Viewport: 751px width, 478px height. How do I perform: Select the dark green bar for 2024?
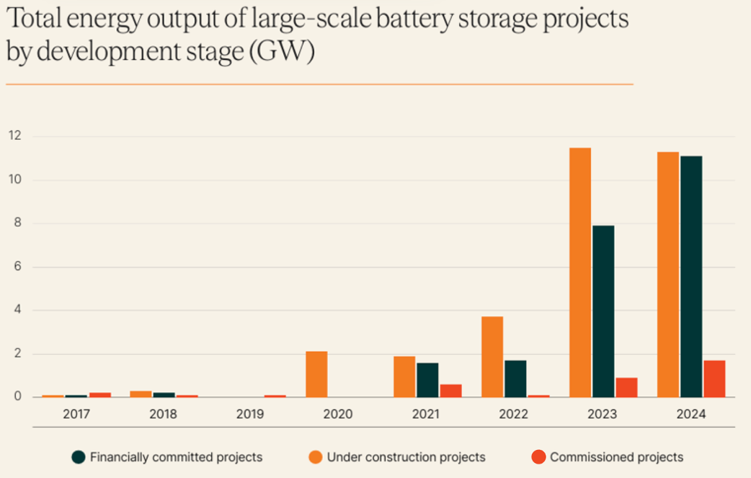[x=691, y=277]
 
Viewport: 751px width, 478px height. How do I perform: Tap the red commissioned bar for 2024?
[x=714, y=379]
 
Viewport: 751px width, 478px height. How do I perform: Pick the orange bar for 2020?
[x=316, y=374]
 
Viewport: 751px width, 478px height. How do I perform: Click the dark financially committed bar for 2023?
[x=603, y=311]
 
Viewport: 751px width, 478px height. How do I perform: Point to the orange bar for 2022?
[x=492, y=357]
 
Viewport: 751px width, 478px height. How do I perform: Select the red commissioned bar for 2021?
[x=450, y=390]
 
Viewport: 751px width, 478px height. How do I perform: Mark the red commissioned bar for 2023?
[x=626, y=387]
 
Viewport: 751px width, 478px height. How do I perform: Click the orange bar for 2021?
[x=404, y=376]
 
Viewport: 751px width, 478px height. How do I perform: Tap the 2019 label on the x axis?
[x=250, y=415]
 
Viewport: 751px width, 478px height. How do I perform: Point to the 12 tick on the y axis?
[x=14, y=136]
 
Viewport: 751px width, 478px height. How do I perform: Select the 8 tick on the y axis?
[x=15, y=223]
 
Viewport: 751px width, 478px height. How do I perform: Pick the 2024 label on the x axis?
[x=691, y=415]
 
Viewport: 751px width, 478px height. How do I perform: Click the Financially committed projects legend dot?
[x=79, y=456]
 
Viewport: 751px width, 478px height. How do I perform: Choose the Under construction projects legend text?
[x=406, y=456]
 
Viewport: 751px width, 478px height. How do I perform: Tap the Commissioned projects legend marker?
[x=538, y=456]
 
